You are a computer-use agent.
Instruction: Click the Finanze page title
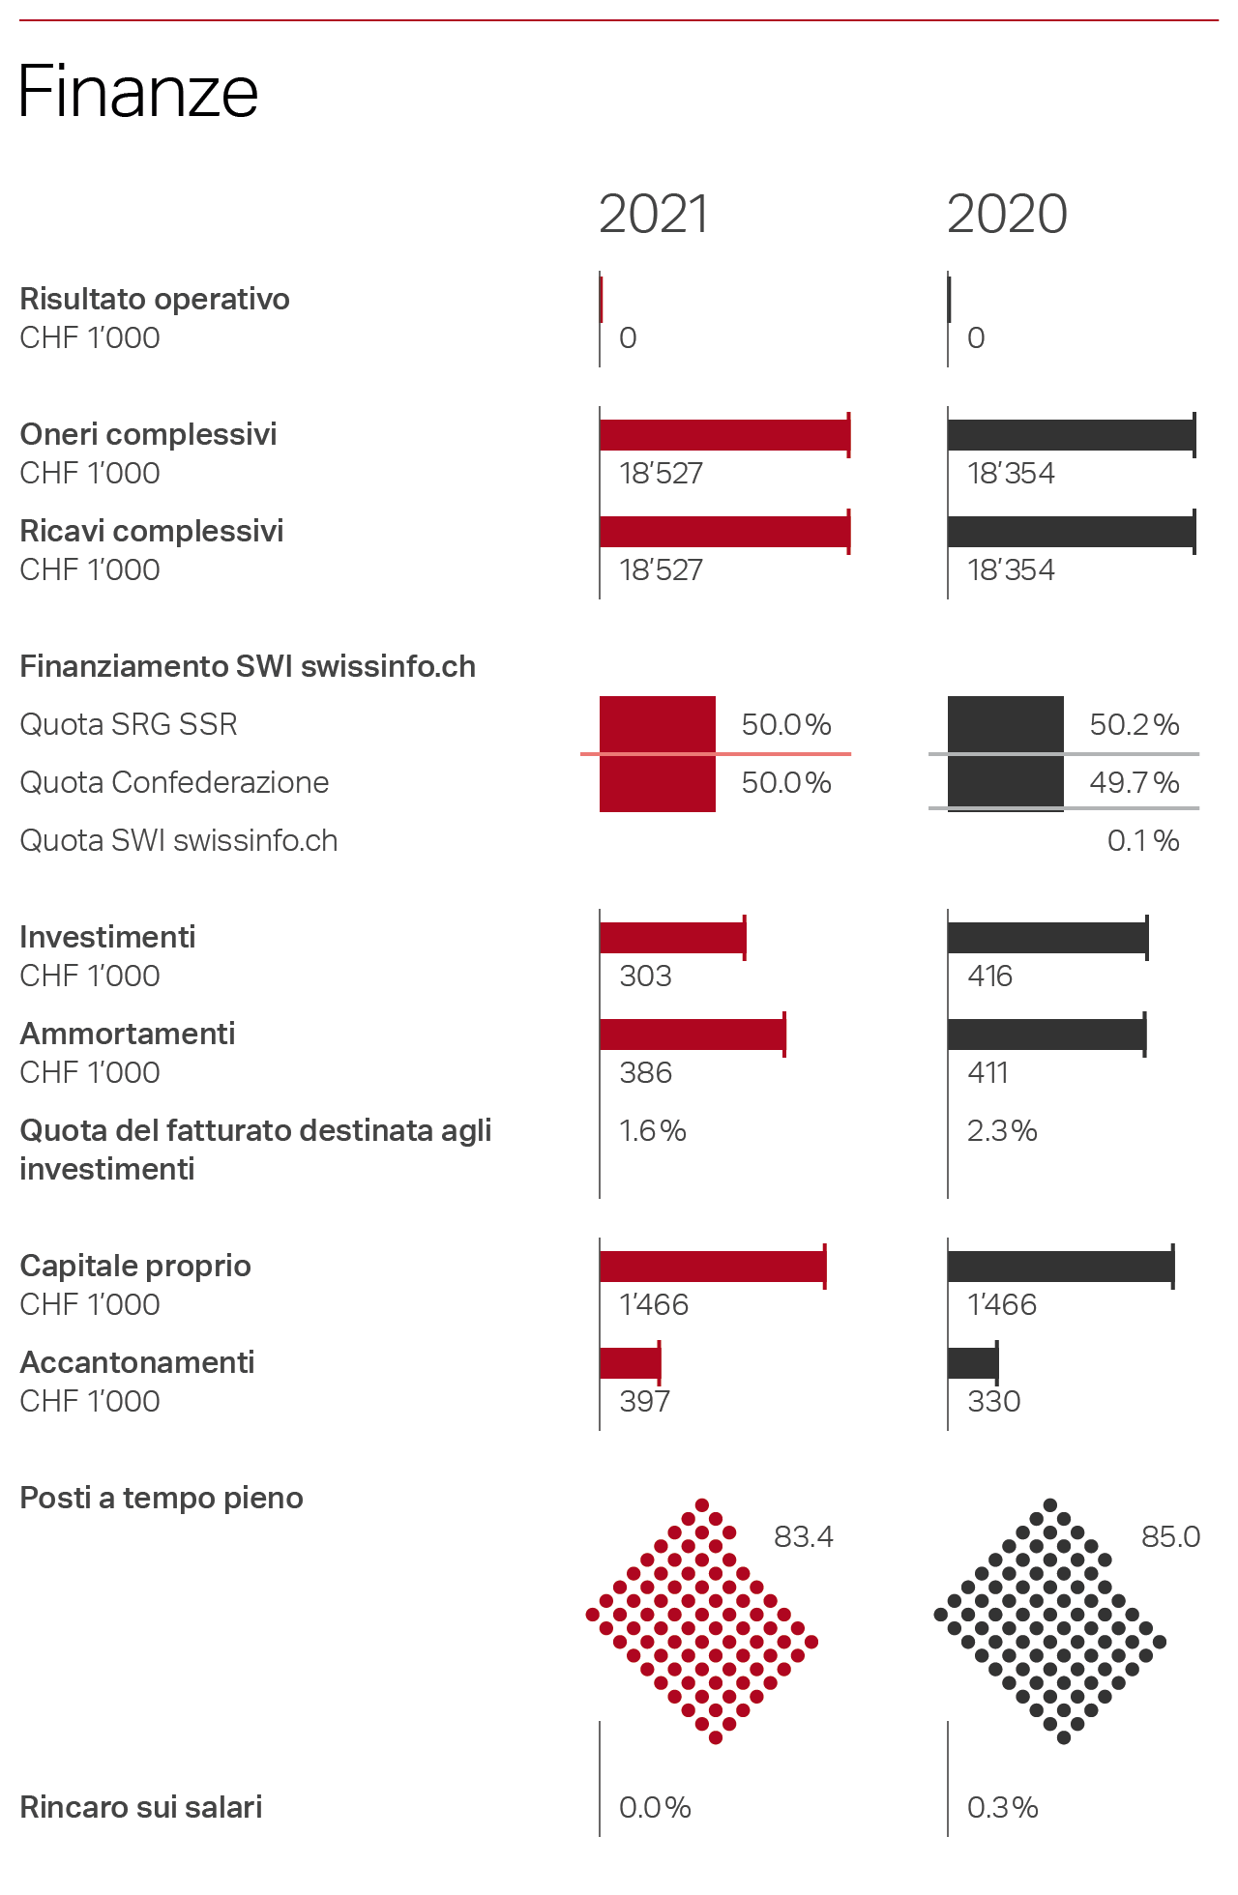[x=138, y=92]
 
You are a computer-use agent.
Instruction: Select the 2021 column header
[x=654, y=214]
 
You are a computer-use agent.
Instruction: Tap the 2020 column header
[x=1007, y=214]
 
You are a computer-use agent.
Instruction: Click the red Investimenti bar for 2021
[x=672, y=938]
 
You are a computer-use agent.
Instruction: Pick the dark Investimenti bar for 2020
[x=1047, y=938]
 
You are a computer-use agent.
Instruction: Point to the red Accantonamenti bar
[x=630, y=1363]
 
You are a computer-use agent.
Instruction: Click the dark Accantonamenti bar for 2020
[x=972, y=1363]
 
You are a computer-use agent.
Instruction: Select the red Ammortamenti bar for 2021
[x=693, y=1035]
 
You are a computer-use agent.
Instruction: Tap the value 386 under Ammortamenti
[x=645, y=1073]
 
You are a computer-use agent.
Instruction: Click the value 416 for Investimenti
[x=989, y=977]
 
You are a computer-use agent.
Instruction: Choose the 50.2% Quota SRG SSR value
[x=1134, y=725]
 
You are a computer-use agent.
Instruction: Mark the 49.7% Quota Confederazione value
[x=1134, y=783]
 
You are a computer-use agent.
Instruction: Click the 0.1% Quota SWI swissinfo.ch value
[x=1142, y=841]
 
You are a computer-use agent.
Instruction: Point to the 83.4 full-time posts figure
[x=803, y=1537]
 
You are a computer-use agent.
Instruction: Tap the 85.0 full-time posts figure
[x=1170, y=1537]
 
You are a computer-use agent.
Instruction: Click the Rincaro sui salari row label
[x=141, y=1808]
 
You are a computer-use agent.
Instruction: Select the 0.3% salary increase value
[x=1002, y=1808]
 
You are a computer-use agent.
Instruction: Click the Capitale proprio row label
[x=135, y=1267]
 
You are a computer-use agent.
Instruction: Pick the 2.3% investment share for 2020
[x=1002, y=1131]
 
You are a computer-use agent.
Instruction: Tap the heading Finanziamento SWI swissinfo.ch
[x=248, y=667]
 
